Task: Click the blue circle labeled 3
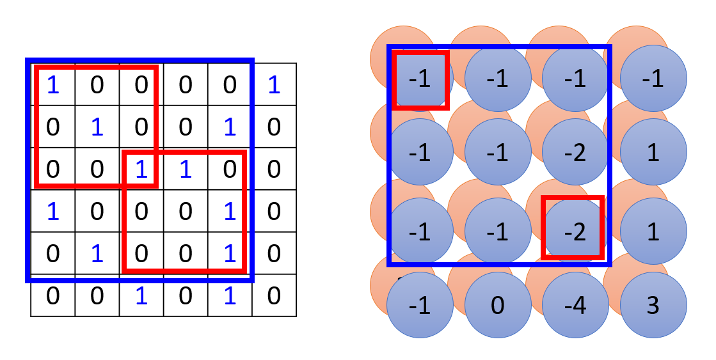click(653, 306)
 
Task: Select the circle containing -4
click(575, 306)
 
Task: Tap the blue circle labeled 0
click(498, 306)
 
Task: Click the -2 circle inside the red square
click(575, 231)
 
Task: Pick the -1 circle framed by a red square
click(420, 79)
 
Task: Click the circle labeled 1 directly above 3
click(653, 231)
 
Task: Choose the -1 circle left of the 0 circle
click(420, 306)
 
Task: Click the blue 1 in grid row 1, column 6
click(274, 85)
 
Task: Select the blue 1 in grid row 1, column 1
click(53, 85)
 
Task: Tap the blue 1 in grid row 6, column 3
click(141, 295)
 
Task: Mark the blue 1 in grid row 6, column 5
click(230, 295)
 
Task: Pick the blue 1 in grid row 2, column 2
click(97, 127)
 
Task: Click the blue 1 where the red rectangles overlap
click(141, 169)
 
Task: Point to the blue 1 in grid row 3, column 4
click(186, 169)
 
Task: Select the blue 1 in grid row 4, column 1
click(53, 212)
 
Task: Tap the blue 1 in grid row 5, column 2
click(97, 254)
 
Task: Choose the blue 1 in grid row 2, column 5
click(230, 127)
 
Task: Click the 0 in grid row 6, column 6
click(274, 295)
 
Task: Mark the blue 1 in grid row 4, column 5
click(230, 212)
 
